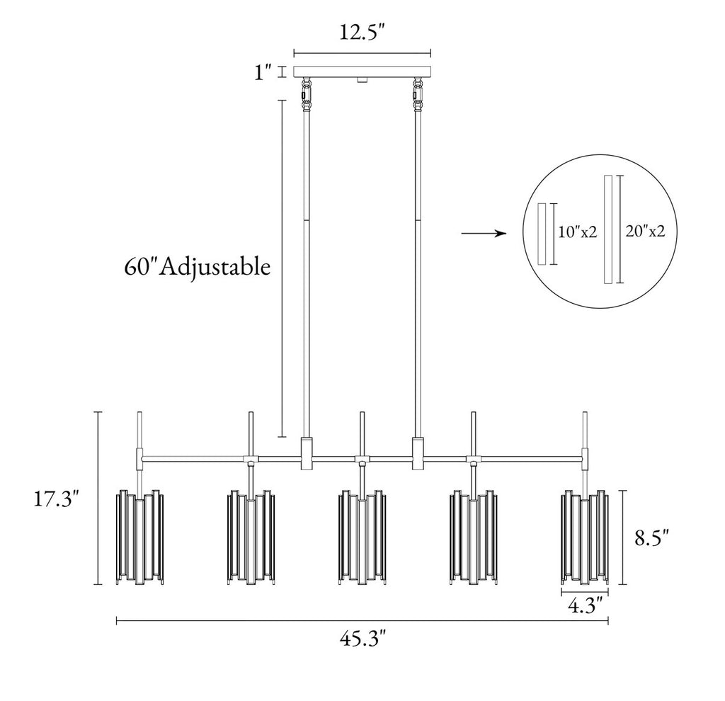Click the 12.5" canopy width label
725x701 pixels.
click(x=362, y=33)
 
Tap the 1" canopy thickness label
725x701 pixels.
click(x=263, y=72)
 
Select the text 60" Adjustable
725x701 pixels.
click(x=198, y=267)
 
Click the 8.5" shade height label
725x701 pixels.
click(x=652, y=537)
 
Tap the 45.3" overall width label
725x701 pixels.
click(x=362, y=639)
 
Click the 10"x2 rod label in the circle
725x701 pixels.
click(x=578, y=232)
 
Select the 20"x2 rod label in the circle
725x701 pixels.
click(x=645, y=231)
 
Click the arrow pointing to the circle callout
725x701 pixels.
click(x=484, y=234)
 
